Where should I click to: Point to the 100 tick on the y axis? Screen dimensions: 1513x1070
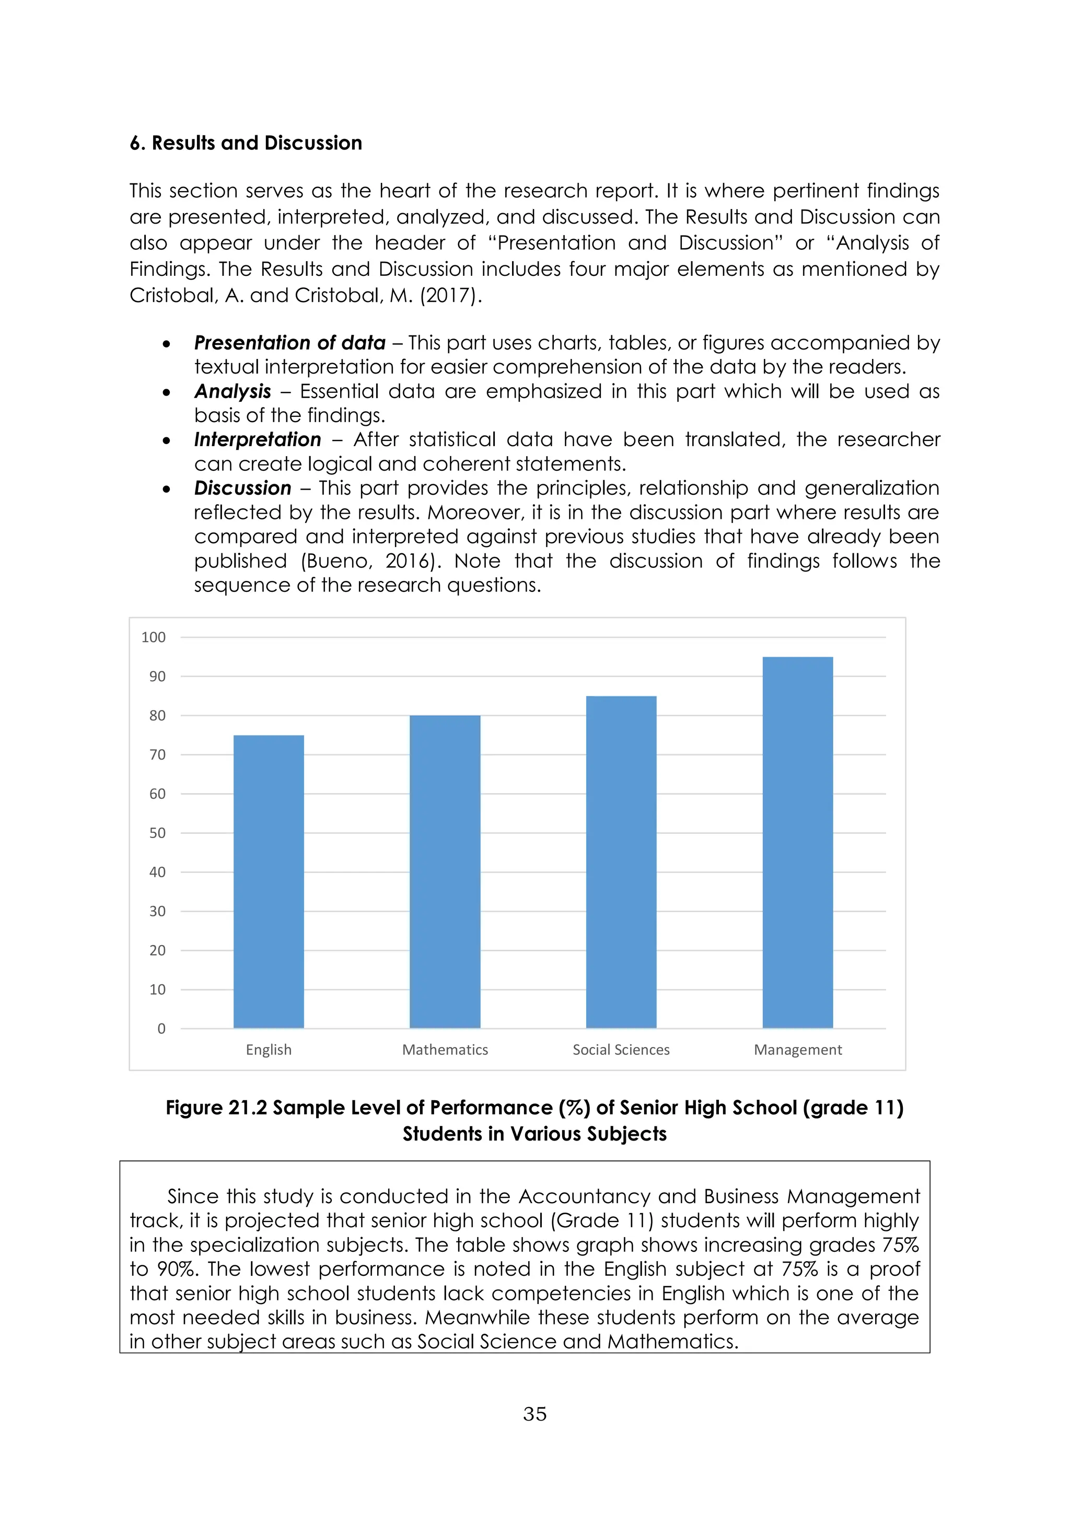point(154,637)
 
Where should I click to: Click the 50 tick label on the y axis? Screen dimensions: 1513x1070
point(157,833)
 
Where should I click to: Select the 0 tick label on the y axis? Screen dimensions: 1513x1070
point(161,1029)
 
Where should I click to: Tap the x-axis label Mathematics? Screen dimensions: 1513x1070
point(445,1050)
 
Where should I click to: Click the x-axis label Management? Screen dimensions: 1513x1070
point(797,1050)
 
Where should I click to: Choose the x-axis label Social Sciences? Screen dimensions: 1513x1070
point(621,1050)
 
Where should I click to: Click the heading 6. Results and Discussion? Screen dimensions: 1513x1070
point(246,143)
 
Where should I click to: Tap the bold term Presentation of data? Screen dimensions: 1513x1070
point(289,343)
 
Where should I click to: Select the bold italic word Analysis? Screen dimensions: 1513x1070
point(232,391)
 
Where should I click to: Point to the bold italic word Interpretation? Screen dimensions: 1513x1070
point(258,439)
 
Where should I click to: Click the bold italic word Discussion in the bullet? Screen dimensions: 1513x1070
point(242,488)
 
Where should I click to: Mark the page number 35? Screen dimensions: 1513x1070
point(534,1414)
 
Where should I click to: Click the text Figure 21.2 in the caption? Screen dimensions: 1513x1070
point(216,1108)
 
